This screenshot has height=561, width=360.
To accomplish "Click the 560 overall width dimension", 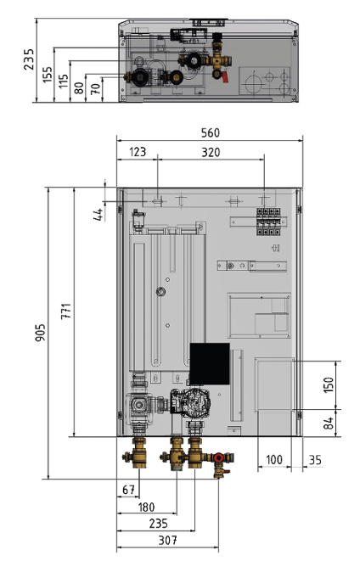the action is pos(210,133).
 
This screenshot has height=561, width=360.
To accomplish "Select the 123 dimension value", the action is pos(138,152).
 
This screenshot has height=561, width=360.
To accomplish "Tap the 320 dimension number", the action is pos(211,153).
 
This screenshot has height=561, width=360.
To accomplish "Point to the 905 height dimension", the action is pos(41,333).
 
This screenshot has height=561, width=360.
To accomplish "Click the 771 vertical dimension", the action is pos(66,311).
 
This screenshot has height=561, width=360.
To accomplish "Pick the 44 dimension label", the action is pos(98,214).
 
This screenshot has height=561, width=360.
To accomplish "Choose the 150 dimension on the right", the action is pos(328,384).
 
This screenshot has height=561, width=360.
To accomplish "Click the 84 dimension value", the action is pos(328,424).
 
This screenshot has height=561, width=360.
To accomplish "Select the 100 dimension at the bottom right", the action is pos(274,459).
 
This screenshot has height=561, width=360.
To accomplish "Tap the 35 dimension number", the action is pos(315,460).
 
